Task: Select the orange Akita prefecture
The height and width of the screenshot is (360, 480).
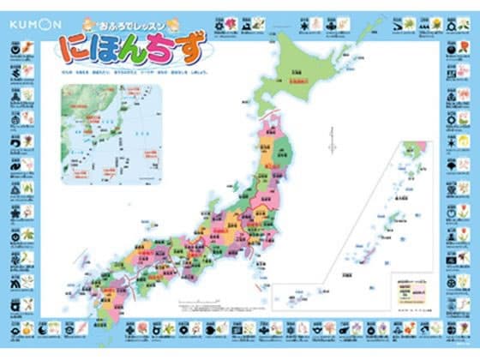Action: [267, 158]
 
